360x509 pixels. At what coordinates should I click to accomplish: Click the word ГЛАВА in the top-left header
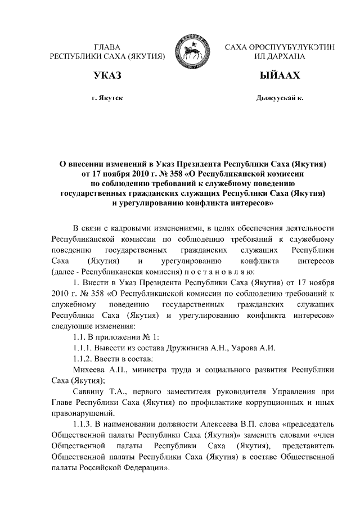[107, 47]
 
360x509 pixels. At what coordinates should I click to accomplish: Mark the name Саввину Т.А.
[96, 391]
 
